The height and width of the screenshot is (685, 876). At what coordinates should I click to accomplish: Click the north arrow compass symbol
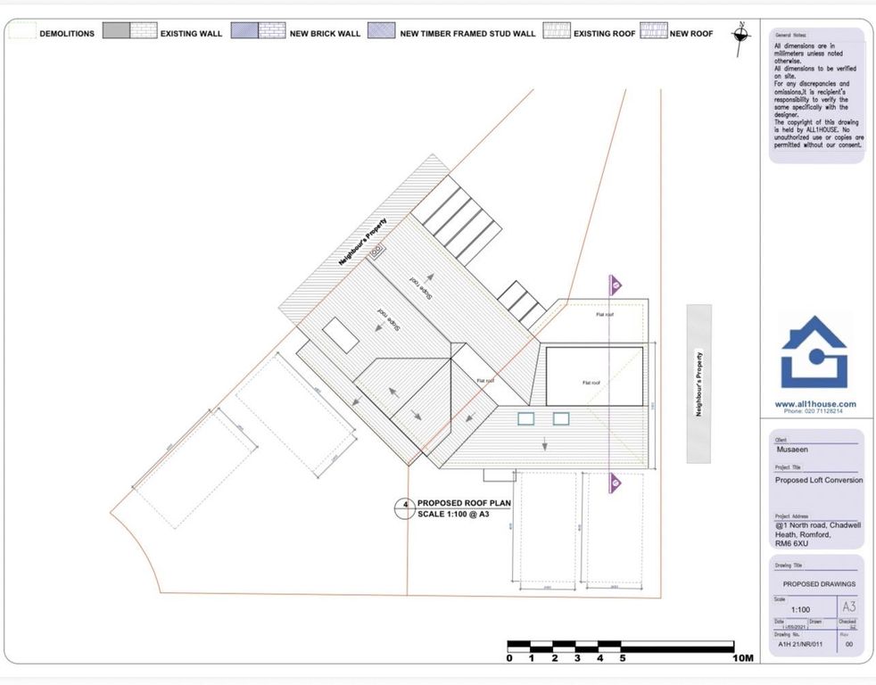click(740, 34)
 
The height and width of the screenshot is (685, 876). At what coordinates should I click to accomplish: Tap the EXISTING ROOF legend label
click(605, 34)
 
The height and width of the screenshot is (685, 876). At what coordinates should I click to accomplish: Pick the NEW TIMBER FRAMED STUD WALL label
click(467, 34)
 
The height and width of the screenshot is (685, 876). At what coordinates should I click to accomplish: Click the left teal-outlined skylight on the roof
click(525, 418)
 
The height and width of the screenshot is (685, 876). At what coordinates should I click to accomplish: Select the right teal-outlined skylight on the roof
click(561, 418)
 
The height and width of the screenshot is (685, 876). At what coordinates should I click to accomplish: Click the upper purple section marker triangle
click(616, 285)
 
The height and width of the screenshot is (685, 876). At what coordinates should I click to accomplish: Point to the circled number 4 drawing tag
click(405, 508)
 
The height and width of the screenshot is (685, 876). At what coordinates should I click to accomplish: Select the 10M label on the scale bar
click(743, 659)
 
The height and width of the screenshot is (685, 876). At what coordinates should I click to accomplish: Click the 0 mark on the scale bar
click(509, 659)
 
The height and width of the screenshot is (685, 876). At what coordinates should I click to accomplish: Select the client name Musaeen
click(793, 450)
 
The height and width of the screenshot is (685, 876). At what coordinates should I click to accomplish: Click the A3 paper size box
click(848, 607)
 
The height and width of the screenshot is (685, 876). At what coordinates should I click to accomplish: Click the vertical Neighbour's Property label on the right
click(698, 384)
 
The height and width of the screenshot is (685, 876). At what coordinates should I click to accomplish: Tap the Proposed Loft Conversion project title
click(818, 480)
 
